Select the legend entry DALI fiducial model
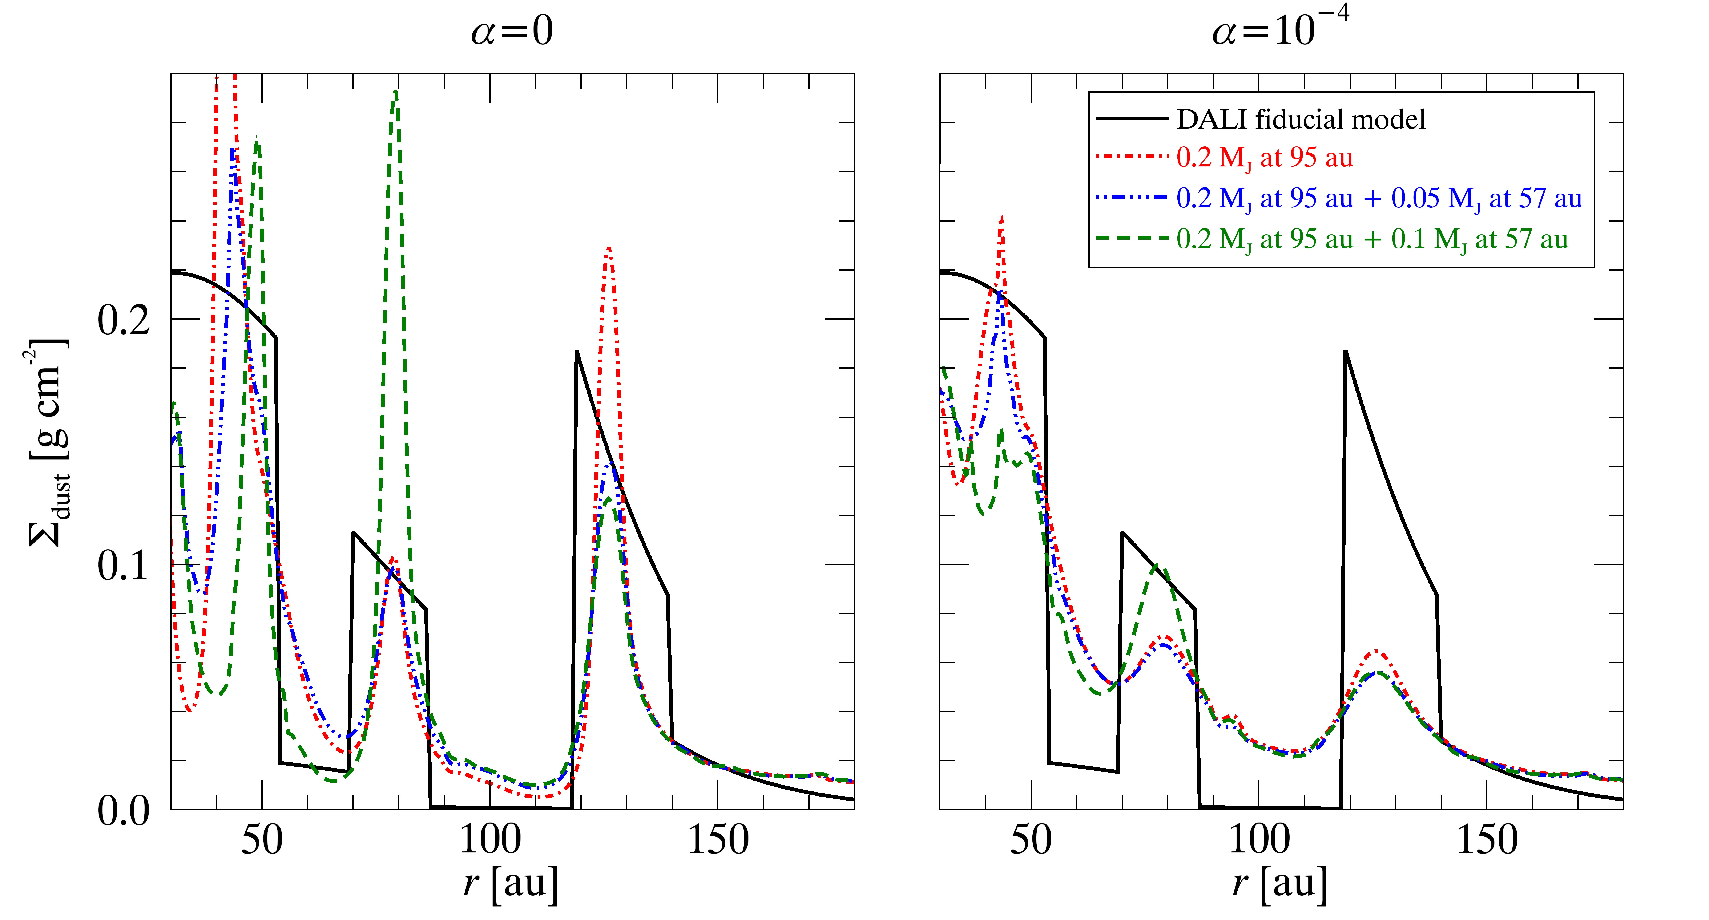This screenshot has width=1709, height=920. click(x=1300, y=119)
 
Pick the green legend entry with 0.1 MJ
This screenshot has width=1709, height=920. click(x=1372, y=239)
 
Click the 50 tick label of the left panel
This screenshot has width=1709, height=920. click(x=262, y=840)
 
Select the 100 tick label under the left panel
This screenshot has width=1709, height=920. click(x=490, y=840)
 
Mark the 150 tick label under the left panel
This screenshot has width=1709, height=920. click(x=718, y=840)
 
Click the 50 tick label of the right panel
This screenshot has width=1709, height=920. click(x=1031, y=840)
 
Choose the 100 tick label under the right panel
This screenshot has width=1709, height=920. click(x=1259, y=840)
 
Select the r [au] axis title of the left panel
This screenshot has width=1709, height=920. click(x=512, y=884)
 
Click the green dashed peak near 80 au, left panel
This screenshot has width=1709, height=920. click(x=395, y=93)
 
